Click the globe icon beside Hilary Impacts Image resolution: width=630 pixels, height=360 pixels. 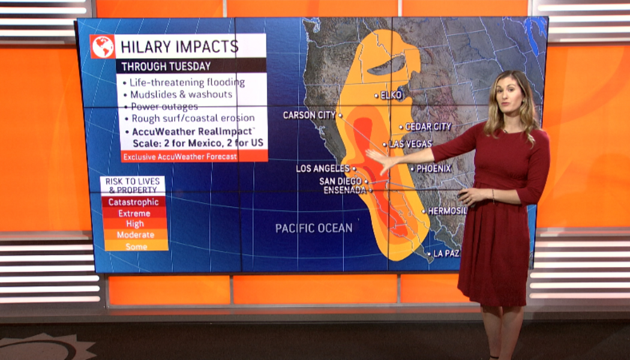click(103, 47)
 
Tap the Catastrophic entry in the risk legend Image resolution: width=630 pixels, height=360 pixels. click(133, 202)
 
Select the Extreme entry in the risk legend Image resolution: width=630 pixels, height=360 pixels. click(133, 213)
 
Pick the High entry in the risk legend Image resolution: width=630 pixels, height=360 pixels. click(133, 224)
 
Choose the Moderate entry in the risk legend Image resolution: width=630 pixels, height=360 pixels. click(135, 235)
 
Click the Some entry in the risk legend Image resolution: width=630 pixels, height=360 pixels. click(136, 246)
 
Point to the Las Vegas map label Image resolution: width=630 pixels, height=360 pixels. click(410, 144)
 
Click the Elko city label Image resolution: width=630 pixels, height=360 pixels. click(391, 95)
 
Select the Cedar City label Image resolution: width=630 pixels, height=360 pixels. click(428, 127)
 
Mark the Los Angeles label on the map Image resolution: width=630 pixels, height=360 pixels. click(323, 169)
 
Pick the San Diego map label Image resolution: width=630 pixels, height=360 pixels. click(340, 181)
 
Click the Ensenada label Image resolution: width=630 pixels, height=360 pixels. click(345, 190)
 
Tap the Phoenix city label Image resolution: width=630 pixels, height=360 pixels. click(433, 169)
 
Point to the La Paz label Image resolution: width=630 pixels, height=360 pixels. click(446, 254)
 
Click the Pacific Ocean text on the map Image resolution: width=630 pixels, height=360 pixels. click(314, 228)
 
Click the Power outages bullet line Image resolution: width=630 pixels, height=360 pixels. click(164, 106)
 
